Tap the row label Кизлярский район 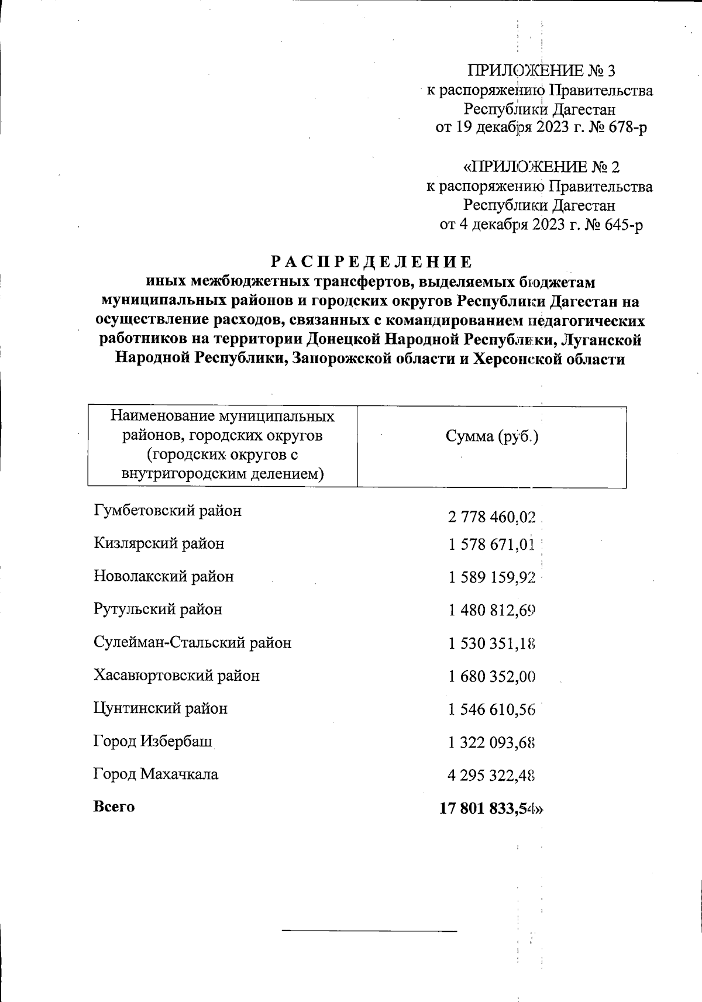[159, 543]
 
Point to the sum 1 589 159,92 [491, 578]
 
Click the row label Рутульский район [158, 610]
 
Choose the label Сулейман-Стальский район [192, 643]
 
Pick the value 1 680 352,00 [491, 677]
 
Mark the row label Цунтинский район [160, 708]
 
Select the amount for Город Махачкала [491, 776]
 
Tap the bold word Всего [114, 807]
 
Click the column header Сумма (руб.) [491, 437]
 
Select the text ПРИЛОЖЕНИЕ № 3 [541, 71]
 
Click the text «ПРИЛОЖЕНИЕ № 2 [541, 167]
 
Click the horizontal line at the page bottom [369, 929]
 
